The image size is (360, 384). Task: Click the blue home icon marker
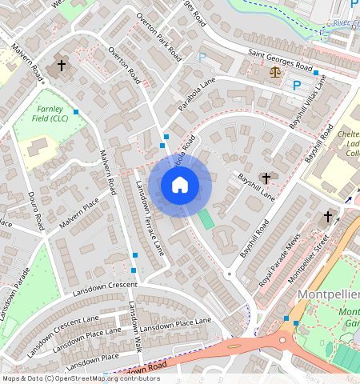180,186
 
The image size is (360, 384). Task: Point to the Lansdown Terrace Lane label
149,218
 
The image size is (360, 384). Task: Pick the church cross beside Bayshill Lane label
266,177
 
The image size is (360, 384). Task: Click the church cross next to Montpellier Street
327,217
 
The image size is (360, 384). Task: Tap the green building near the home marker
206,218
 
